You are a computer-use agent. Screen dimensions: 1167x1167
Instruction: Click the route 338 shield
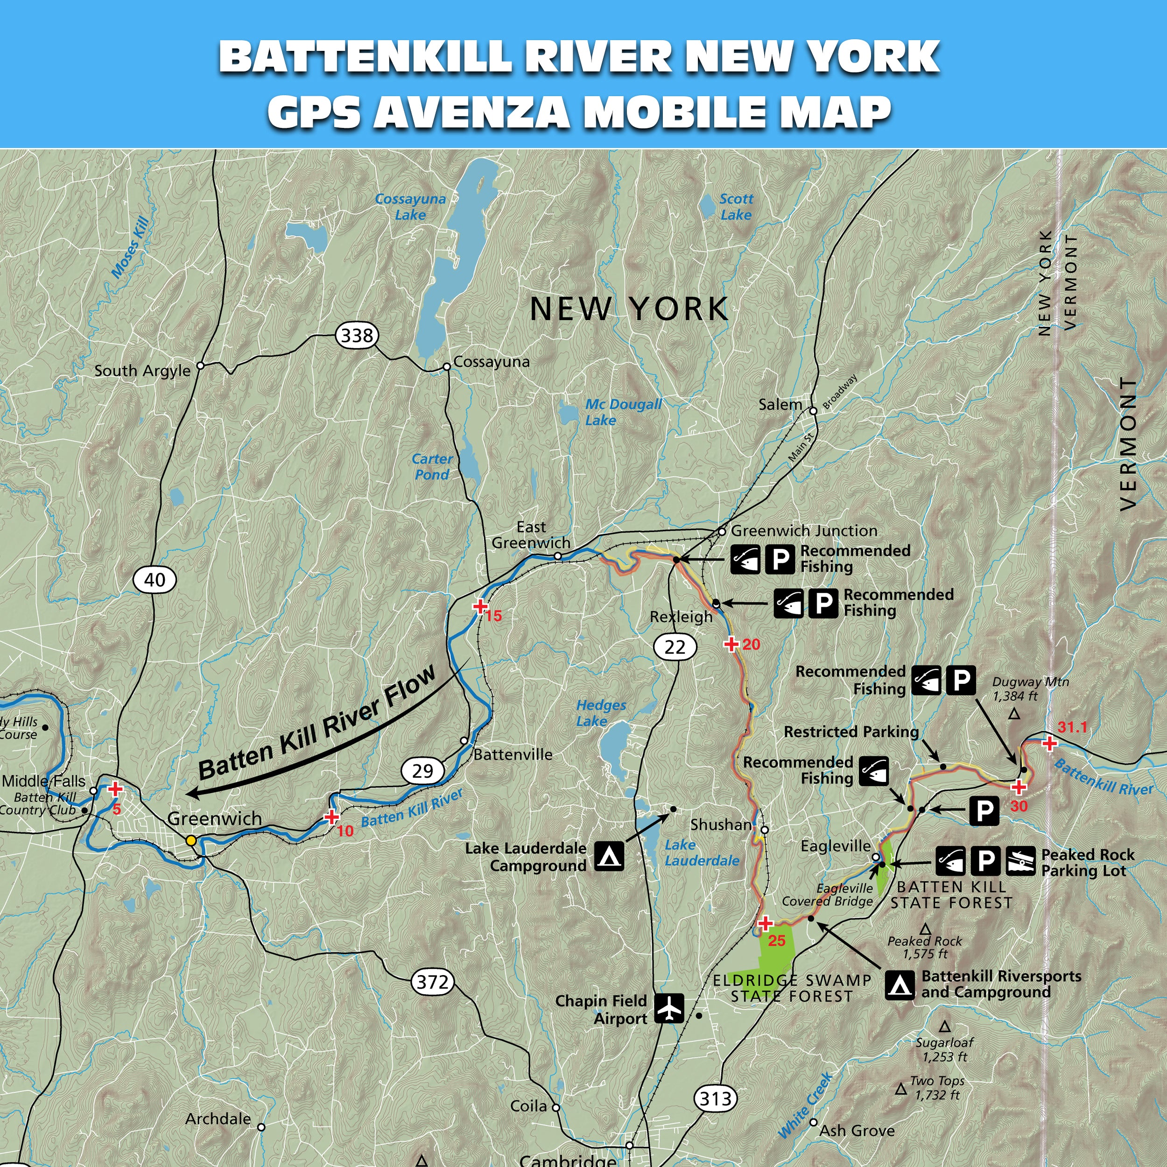coord(357,335)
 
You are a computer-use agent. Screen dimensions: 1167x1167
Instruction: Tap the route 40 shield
coord(155,579)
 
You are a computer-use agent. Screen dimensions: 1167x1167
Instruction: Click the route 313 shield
coord(716,1097)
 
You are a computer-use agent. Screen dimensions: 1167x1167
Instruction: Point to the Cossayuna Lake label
coord(410,207)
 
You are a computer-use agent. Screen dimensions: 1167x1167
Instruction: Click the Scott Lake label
coord(736,207)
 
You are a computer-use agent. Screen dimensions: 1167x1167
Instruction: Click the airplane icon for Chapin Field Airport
coord(669,1008)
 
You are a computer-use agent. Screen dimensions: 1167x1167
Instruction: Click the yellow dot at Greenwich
coord(191,840)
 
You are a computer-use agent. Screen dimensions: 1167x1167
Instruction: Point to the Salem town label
coord(780,405)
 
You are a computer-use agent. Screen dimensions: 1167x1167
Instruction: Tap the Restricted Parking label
coord(851,732)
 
